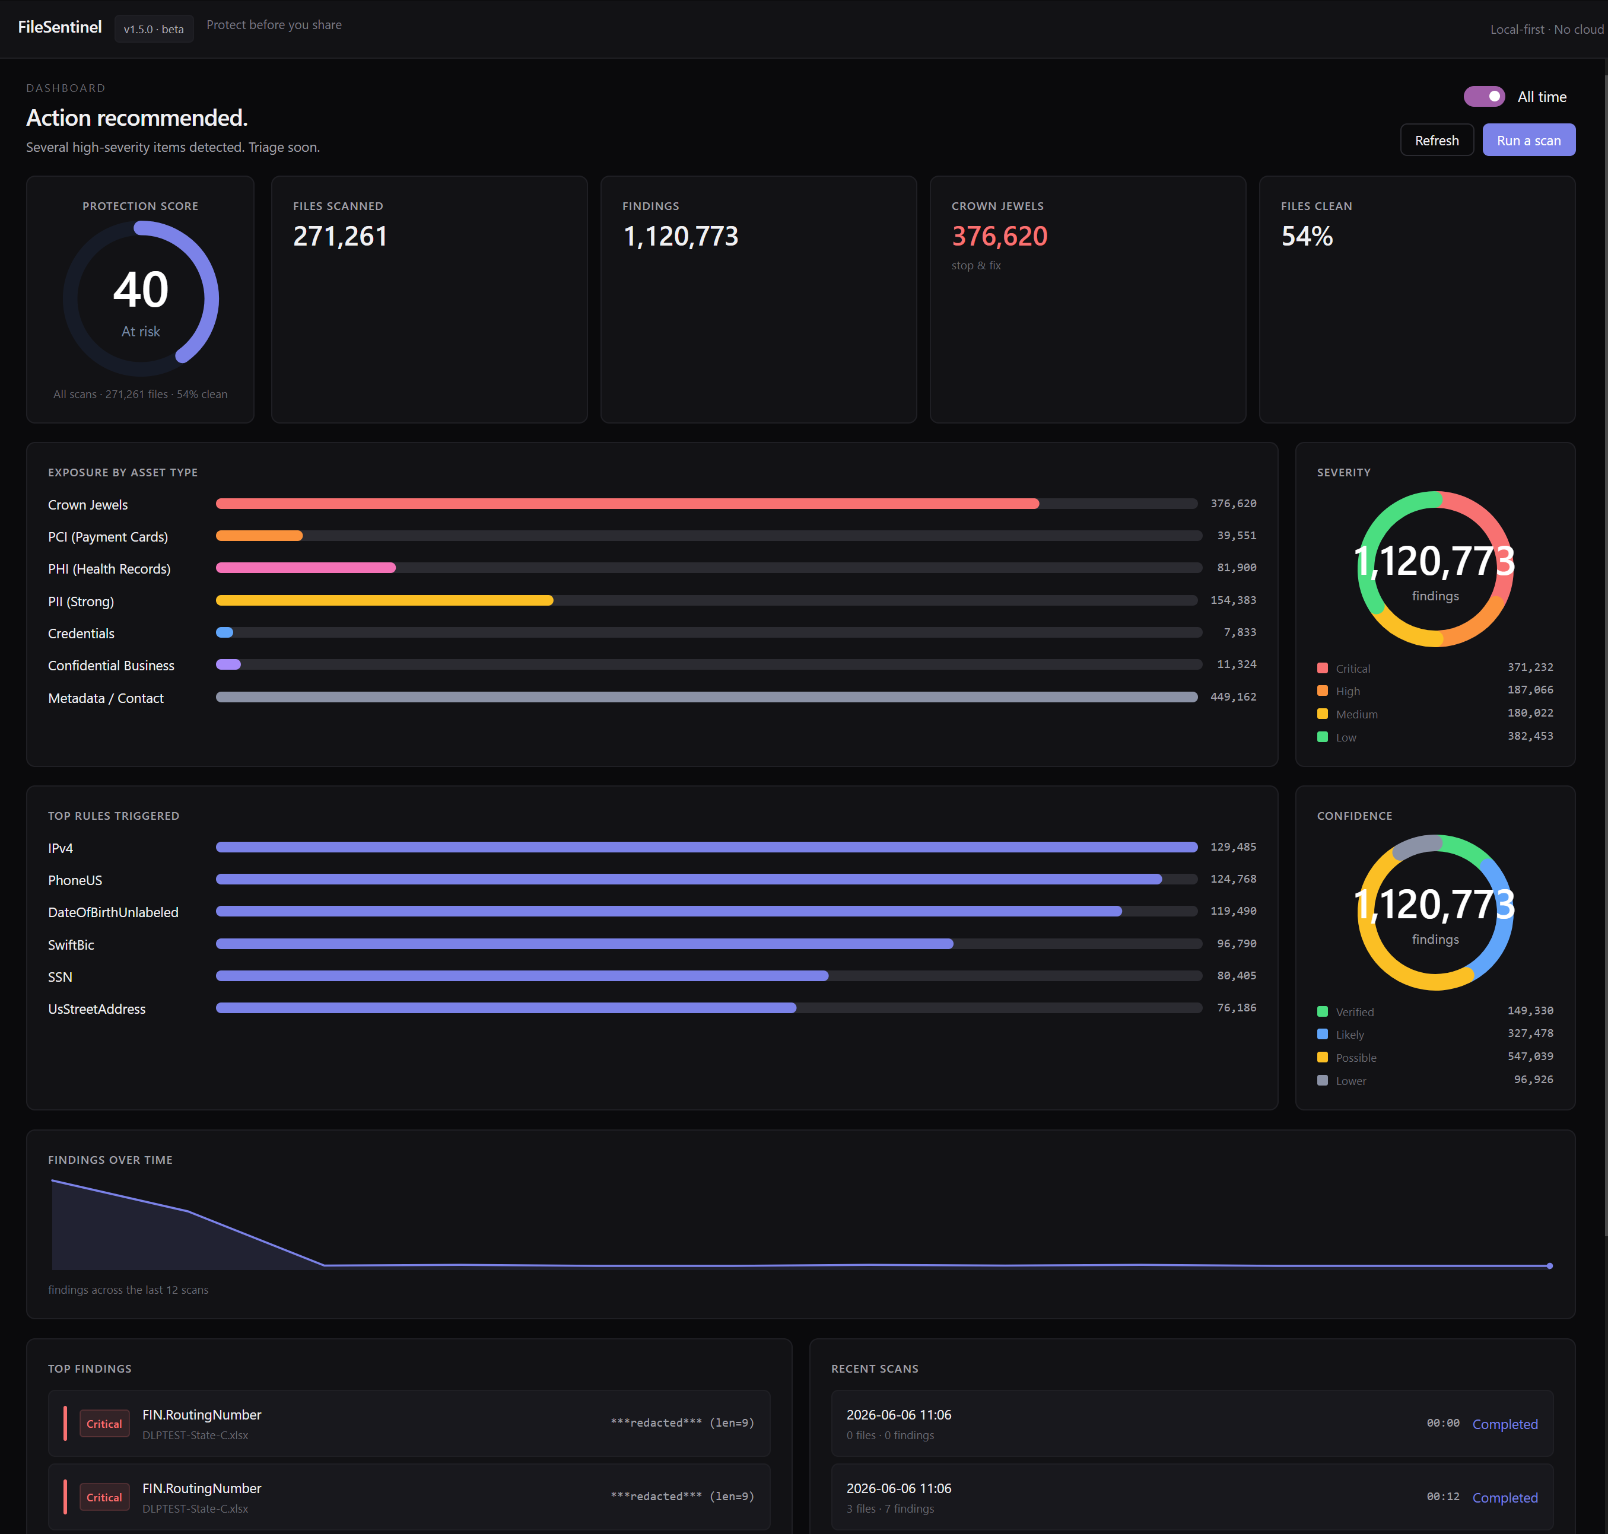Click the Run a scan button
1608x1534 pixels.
pyautogui.click(x=1528, y=140)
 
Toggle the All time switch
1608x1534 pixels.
pyautogui.click(x=1483, y=97)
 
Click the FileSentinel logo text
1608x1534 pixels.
pyautogui.click(x=60, y=27)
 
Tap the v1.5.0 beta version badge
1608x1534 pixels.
pyautogui.click(x=154, y=28)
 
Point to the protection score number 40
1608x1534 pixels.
pyautogui.click(x=141, y=289)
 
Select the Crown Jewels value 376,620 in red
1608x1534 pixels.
pyautogui.click(x=999, y=236)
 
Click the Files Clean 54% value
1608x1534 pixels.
pyautogui.click(x=1307, y=236)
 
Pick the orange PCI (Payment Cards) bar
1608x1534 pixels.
pyautogui.click(x=259, y=536)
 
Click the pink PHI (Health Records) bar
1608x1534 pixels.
pyautogui.click(x=306, y=568)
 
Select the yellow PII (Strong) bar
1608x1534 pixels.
pyautogui.click(x=384, y=600)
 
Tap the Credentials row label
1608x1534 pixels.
pyautogui.click(x=81, y=634)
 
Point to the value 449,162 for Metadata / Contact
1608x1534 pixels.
pyautogui.click(x=1234, y=696)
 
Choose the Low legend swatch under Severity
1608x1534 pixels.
pyautogui.click(x=1323, y=737)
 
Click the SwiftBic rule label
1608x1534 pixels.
pyautogui.click(x=71, y=944)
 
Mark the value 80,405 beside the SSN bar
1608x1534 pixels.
pyautogui.click(x=1237, y=976)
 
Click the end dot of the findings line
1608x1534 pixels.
pyautogui.click(x=1549, y=1266)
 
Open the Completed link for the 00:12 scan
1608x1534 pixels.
pyautogui.click(x=1505, y=1497)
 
